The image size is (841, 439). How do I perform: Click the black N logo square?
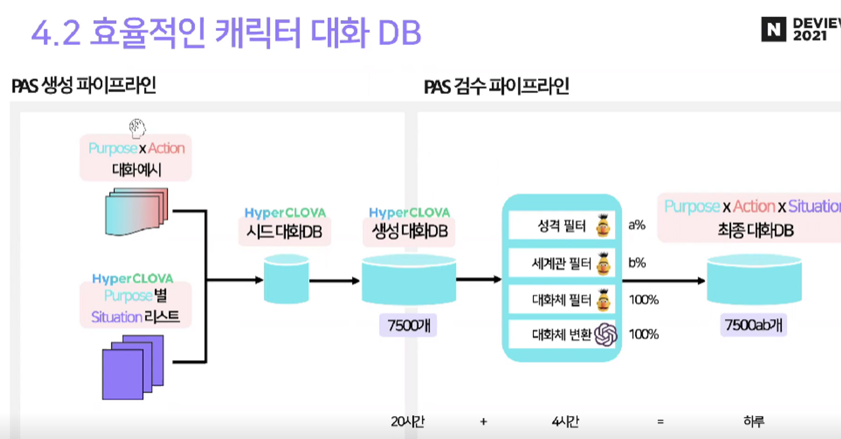(x=773, y=29)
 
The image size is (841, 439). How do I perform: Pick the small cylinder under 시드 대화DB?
(x=286, y=279)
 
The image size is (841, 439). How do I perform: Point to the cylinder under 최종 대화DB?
(x=754, y=279)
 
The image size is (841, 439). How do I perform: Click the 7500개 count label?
(x=408, y=325)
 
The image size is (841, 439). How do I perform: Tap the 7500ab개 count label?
(x=753, y=325)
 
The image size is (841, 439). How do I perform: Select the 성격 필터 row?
(x=562, y=226)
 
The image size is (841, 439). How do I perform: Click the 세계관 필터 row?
(x=562, y=263)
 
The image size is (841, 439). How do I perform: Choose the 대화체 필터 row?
(x=562, y=300)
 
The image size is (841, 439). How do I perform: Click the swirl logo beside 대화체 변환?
(x=606, y=335)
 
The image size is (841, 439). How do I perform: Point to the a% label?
(x=637, y=225)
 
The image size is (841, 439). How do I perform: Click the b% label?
(x=637, y=263)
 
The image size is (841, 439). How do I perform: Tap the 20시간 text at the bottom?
(x=407, y=421)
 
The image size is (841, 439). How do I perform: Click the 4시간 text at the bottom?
(x=565, y=421)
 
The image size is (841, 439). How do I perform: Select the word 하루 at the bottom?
(x=754, y=421)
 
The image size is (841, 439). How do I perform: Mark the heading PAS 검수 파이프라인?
(x=496, y=86)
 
